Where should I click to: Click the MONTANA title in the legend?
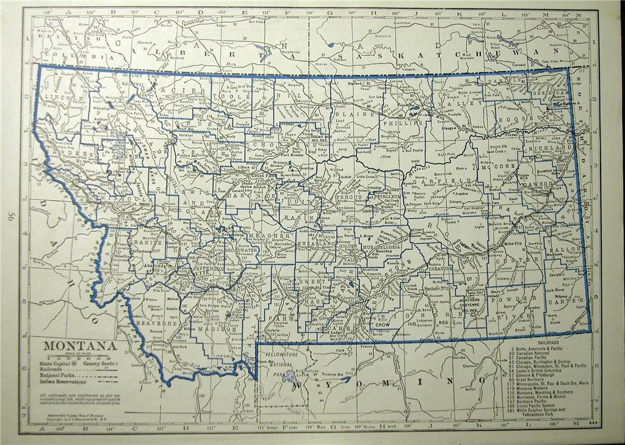pos(79,346)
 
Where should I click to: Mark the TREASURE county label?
pos(441,267)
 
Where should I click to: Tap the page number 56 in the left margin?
pos(10,217)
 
